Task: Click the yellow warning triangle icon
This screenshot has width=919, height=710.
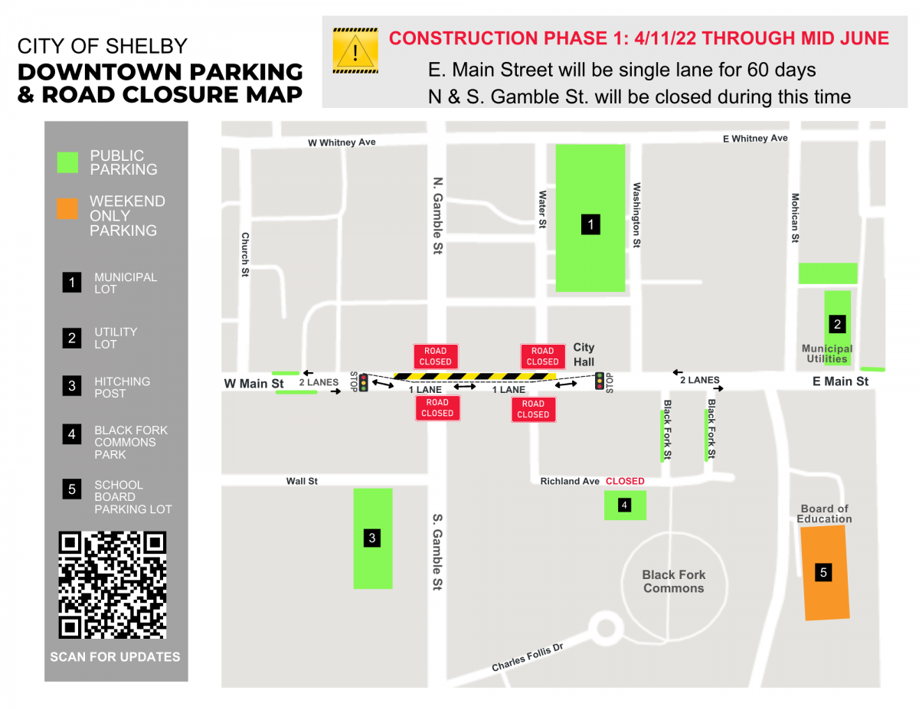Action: point(355,51)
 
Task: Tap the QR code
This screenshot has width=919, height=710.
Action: point(113,585)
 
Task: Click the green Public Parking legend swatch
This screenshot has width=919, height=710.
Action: point(67,162)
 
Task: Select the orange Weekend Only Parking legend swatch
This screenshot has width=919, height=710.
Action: point(67,208)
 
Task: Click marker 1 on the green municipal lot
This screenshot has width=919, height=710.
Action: point(590,224)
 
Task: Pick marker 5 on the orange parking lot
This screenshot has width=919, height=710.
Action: point(823,571)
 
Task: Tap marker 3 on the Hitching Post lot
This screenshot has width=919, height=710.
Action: point(372,538)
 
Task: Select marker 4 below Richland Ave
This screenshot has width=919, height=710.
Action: point(625,505)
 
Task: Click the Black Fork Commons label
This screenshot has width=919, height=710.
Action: point(674,581)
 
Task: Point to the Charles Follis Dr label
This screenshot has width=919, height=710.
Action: point(527,657)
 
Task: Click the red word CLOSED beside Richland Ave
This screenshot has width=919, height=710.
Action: point(625,481)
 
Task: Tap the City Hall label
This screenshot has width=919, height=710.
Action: point(584,355)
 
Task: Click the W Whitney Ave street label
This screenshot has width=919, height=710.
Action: point(342,142)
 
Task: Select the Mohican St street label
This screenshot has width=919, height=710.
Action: point(795,218)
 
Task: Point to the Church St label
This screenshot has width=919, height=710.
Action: point(245,254)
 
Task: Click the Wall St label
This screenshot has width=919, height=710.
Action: point(302,481)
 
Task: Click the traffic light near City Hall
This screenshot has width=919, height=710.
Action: point(600,380)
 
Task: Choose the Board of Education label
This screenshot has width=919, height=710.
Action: point(824,514)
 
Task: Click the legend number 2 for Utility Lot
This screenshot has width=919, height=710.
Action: point(72,338)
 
